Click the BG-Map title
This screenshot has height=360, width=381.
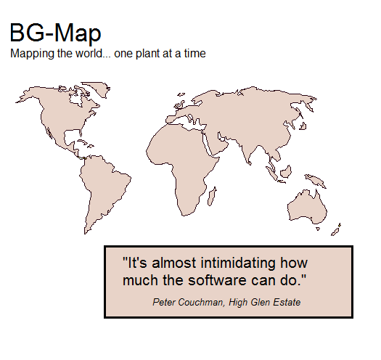(x=55, y=33)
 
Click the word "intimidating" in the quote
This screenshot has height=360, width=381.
(x=238, y=263)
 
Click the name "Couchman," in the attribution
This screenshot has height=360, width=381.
(x=201, y=303)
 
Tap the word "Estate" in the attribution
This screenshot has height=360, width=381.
(x=287, y=302)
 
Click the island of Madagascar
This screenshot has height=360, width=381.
(x=212, y=196)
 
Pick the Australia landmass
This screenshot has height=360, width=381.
(x=307, y=208)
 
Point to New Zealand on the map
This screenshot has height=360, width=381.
(x=335, y=230)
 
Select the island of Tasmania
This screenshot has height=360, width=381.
(x=318, y=229)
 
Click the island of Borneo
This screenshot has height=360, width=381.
(x=286, y=171)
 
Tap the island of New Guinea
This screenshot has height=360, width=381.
(x=315, y=181)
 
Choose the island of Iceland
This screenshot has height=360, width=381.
(x=181, y=94)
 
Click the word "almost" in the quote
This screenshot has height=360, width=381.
(x=173, y=263)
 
